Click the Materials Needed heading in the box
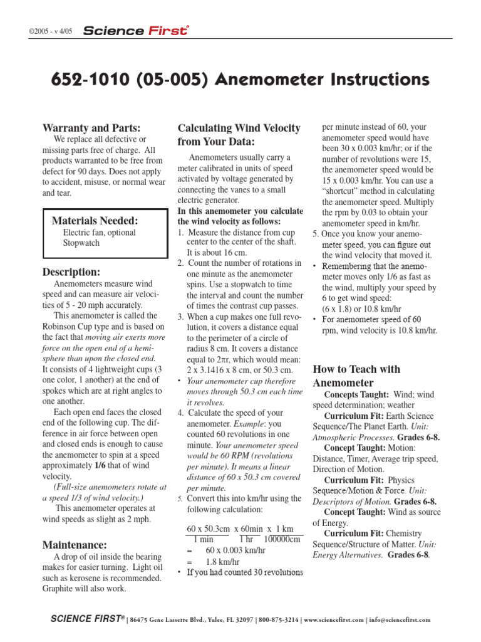click(95, 220)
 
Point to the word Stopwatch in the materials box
click(81, 243)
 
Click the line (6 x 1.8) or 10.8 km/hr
click(361, 310)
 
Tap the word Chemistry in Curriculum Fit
click(404, 533)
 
